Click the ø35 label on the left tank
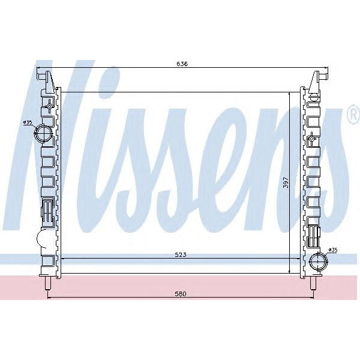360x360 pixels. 28,122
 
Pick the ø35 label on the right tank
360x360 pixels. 334,249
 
